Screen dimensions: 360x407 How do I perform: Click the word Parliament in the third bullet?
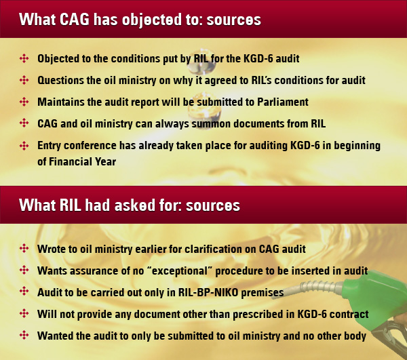[282, 102]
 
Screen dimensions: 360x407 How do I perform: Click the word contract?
[346, 314]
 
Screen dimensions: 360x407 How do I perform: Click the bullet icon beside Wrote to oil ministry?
[24, 249]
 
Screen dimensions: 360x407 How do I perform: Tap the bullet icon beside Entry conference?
[24, 146]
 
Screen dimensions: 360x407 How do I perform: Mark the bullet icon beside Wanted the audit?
[24, 336]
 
